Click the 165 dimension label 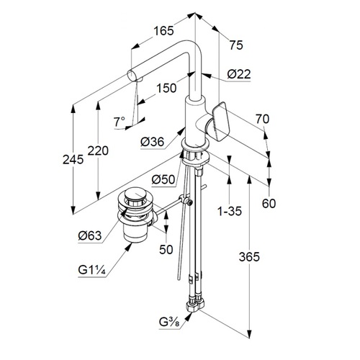coord(163,31)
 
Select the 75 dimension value coord(236,45)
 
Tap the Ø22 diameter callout coord(239,74)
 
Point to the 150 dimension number coord(166,88)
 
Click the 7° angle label coord(120,122)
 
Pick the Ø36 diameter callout coord(153,142)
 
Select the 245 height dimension coord(73,159)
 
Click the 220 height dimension coord(98,150)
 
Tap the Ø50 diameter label coord(163,179)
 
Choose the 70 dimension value coord(262,119)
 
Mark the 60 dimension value coord(269,204)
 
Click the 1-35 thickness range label coord(230,211)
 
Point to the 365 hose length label coord(249,257)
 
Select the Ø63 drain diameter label coord(90,235)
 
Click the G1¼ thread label coord(91,270)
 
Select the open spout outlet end coord(132,76)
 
